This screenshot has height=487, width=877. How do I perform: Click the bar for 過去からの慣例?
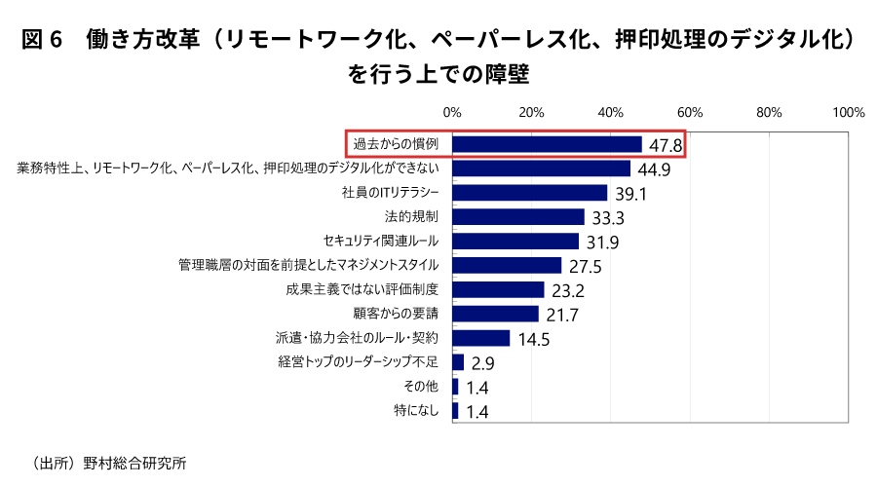click(x=547, y=144)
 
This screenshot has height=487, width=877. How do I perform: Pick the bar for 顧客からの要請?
click(x=495, y=314)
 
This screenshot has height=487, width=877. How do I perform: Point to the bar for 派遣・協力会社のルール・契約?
click(x=481, y=338)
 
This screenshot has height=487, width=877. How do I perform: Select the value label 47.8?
click(x=665, y=146)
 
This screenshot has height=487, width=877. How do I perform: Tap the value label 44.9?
click(x=653, y=169)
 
